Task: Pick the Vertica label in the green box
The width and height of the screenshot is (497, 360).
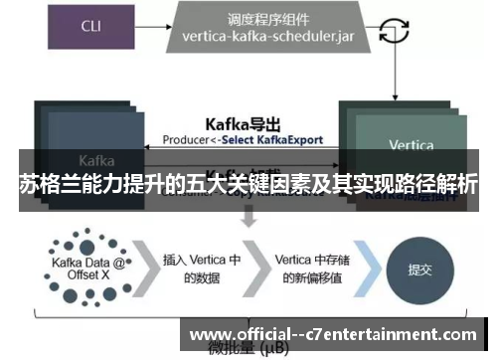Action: (411, 145)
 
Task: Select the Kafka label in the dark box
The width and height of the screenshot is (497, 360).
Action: (96, 159)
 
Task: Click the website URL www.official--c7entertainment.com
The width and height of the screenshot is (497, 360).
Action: (332, 334)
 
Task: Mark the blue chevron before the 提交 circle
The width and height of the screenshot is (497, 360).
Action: (369, 267)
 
